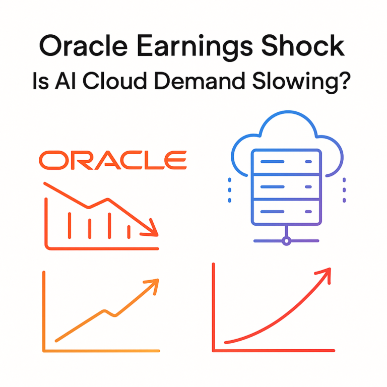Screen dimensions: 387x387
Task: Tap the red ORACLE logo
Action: [113, 160]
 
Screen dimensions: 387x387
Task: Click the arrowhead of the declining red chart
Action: [153, 231]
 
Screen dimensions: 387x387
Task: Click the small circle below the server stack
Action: [286, 241]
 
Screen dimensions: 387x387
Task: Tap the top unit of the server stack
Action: [286, 162]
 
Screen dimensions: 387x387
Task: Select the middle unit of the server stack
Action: [286, 186]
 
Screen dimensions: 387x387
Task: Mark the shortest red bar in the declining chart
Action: [129, 231]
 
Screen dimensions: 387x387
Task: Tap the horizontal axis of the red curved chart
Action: [275, 350]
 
